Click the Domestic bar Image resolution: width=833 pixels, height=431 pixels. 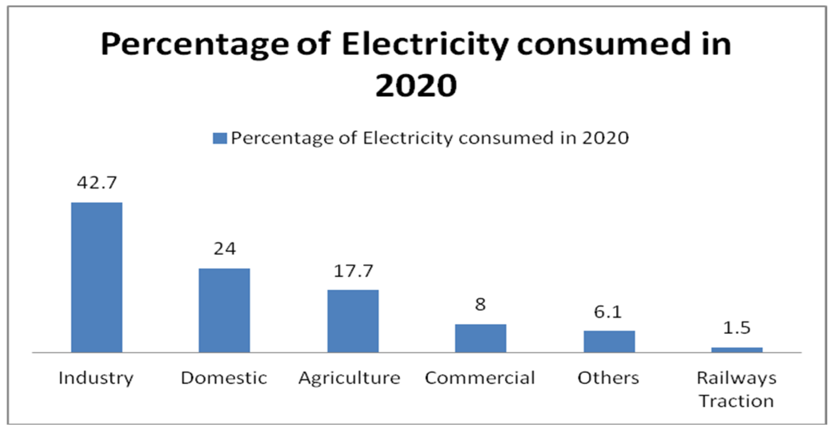tap(224, 310)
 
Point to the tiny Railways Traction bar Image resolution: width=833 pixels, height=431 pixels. tap(737, 350)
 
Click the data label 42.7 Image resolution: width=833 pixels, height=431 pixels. tap(97, 183)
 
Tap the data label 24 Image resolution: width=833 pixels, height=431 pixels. tap(225, 249)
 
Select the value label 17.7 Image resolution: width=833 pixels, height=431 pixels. tap(353, 271)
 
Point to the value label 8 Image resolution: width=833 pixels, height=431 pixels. tap(480, 304)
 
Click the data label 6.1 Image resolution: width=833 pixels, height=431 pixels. tap(608, 312)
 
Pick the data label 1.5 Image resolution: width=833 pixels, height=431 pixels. tap(737, 328)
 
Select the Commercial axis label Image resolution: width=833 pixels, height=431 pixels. tap(480, 378)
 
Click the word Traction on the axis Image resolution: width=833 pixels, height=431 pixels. tap(737, 401)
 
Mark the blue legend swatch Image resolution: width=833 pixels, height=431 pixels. tap(220, 138)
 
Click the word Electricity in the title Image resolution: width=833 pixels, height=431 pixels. tap(425, 45)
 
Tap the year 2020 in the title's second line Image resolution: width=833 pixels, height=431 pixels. tap(416, 85)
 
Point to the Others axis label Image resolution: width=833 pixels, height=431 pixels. tap(608, 378)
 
